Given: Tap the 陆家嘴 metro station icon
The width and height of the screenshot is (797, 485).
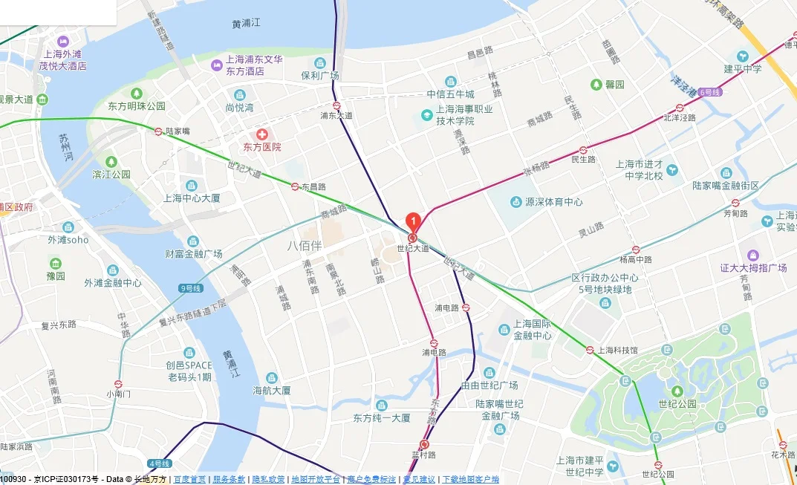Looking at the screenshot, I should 158,131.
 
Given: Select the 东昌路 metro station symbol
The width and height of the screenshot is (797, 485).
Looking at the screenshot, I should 295,187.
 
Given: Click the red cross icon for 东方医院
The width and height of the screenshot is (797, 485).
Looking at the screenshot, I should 261,134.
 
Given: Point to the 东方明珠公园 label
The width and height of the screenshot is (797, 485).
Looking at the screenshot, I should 136,105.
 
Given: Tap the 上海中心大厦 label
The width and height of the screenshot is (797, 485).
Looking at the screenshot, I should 192,198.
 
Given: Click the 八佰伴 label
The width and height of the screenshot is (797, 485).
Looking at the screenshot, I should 305,245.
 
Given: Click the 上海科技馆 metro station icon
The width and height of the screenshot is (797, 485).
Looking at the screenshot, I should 590,350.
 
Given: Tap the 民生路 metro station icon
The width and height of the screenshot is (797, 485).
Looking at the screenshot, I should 583,149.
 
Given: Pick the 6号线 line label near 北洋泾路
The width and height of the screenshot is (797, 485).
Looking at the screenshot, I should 709,92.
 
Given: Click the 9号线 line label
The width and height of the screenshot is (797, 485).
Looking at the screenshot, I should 191,287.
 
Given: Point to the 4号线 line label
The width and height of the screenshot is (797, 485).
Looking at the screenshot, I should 159,463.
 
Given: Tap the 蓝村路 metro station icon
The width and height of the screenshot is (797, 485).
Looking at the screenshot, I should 424,444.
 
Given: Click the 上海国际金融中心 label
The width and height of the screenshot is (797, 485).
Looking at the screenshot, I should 532,330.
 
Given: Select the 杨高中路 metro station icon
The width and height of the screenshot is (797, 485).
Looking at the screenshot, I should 637,250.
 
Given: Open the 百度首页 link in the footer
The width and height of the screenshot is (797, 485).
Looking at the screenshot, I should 189,480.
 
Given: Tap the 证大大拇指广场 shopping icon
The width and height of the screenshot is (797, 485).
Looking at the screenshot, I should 753,255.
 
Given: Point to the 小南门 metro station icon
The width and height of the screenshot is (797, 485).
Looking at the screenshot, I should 115,384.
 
